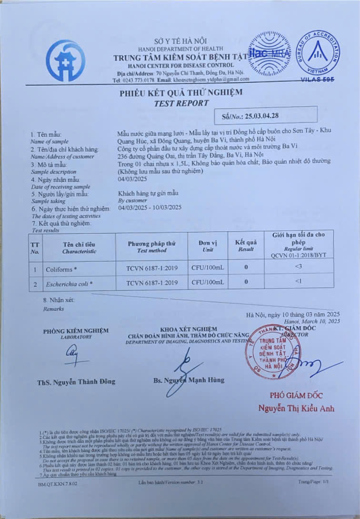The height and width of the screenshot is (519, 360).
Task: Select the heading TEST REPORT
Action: point(181,103)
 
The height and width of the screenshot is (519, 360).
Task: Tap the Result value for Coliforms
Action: point(246,268)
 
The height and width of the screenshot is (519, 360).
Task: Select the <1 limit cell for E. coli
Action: point(299,282)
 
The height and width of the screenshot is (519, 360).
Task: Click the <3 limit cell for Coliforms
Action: point(299,267)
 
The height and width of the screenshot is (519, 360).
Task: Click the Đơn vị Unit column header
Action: point(208,246)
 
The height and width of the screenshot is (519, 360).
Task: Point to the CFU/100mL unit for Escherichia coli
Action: point(208,283)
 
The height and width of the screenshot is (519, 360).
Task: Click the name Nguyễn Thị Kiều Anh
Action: point(296,409)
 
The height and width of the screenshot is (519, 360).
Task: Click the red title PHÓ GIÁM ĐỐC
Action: point(296,395)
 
